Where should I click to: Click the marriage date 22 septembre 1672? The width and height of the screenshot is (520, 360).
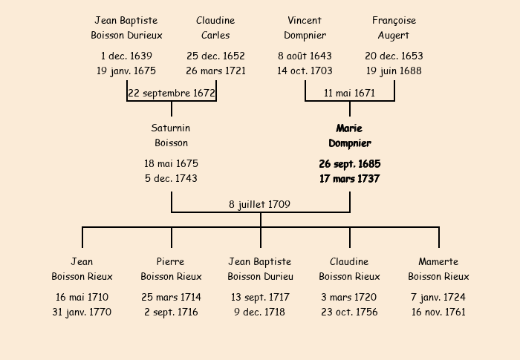point(172,93)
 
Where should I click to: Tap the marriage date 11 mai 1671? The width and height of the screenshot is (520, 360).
point(350,93)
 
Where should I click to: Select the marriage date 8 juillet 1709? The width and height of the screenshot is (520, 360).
point(260,205)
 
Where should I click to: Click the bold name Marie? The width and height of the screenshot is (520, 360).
point(349,128)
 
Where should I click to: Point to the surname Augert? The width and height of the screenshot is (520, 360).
point(394,36)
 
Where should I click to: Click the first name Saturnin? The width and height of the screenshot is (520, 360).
point(171,128)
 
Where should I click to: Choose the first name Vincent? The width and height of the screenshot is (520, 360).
point(305,21)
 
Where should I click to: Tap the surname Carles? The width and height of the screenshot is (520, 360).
point(215,35)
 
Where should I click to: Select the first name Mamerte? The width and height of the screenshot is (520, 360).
point(438,261)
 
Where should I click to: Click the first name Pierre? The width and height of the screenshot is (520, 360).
point(170,261)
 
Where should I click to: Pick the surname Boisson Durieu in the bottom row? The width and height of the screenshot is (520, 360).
point(260,276)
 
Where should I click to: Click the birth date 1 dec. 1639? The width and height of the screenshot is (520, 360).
point(126,56)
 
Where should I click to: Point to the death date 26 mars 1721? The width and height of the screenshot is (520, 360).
point(215,71)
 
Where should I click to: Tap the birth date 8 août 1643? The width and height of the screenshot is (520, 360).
point(305,56)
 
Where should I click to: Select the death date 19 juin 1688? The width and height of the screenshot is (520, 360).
point(394,71)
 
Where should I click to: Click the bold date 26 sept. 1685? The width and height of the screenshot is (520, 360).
point(350,164)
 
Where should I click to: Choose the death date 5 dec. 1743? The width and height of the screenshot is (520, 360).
point(171,179)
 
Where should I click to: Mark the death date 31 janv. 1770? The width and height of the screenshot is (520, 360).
point(82,312)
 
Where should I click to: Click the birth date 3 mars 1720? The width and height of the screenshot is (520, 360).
point(349,298)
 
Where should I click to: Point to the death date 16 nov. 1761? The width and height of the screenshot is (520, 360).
point(438,312)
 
